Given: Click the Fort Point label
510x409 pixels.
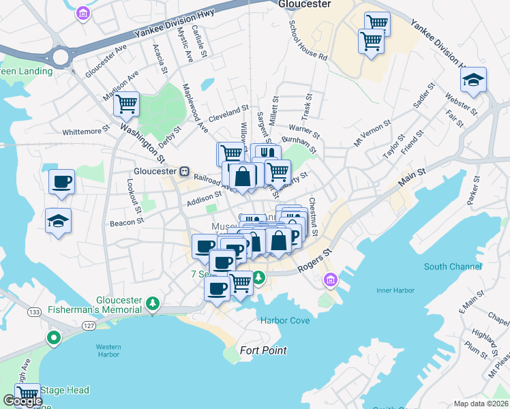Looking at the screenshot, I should pos(263,350).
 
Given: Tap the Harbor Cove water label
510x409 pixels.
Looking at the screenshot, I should pos(284,320).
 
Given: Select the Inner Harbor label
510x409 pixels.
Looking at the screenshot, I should pos(395,291).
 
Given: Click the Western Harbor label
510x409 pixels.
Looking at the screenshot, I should pos(108,350).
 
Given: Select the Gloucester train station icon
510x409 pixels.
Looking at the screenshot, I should pos(184,172).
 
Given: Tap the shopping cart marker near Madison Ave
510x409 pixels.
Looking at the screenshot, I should pos(126,104).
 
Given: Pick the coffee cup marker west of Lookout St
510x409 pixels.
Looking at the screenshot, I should pos(61,182).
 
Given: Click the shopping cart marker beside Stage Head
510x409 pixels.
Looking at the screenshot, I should pos(28,394).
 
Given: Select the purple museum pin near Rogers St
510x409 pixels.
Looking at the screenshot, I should pos(331,279).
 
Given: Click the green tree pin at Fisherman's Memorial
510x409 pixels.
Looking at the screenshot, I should pos(154,303).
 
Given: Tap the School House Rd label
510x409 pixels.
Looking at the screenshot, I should pos(308,40).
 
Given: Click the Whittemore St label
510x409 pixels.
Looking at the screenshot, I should pos(86,131).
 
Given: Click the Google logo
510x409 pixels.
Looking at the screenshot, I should pos(22,401).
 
